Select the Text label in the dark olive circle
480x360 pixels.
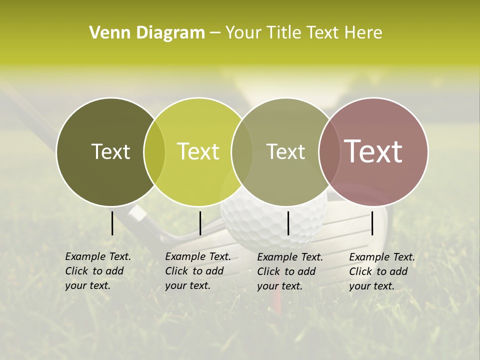(110, 151)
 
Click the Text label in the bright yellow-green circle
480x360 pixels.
(198, 151)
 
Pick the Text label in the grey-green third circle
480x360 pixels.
(285, 151)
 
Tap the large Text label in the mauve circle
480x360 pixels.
(373, 151)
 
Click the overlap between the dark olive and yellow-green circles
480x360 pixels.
(154, 151)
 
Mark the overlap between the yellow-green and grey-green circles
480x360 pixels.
(242, 151)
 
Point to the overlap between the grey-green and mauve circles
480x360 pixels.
(329, 151)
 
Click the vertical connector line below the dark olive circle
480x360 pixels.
(112, 223)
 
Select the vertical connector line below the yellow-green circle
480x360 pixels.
(200, 223)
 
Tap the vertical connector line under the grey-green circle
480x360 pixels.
(288, 223)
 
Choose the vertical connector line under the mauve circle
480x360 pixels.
(372, 223)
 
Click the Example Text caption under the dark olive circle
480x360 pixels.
(97, 271)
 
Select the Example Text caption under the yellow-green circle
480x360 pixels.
(197, 271)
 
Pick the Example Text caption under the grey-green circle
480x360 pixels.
(289, 271)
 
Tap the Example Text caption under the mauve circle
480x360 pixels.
(381, 271)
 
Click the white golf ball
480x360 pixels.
(272, 225)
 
